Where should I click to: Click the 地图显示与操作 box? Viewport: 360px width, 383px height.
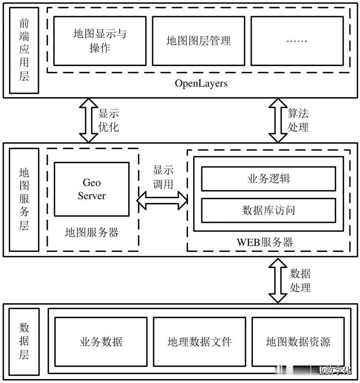point(100,41)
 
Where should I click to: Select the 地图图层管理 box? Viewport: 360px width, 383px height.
point(198,41)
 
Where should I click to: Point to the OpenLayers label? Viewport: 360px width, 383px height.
point(201,83)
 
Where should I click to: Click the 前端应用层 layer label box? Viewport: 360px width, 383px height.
point(24,50)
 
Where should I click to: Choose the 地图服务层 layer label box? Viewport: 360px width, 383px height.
point(24,200)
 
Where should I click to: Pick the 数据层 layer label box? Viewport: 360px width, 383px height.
point(24,341)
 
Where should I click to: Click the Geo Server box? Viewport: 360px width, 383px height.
point(92,189)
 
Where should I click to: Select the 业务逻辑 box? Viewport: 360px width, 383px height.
point(268,179)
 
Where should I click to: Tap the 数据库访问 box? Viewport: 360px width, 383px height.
point(268,210)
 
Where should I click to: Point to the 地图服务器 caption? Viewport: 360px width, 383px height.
point(92,233)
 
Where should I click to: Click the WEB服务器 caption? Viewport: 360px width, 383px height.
point(265,242)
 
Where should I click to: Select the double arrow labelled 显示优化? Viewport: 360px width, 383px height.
point(88,120)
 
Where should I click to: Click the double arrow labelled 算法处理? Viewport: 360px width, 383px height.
point(278,120)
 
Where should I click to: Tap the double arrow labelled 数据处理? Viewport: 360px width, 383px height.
point(278,280)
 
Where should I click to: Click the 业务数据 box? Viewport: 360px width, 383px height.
point(101,342)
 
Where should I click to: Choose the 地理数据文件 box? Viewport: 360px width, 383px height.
point(199,342)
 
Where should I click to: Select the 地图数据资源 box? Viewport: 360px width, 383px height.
point(298,342)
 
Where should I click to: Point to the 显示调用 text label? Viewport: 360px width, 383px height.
point(163,177)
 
